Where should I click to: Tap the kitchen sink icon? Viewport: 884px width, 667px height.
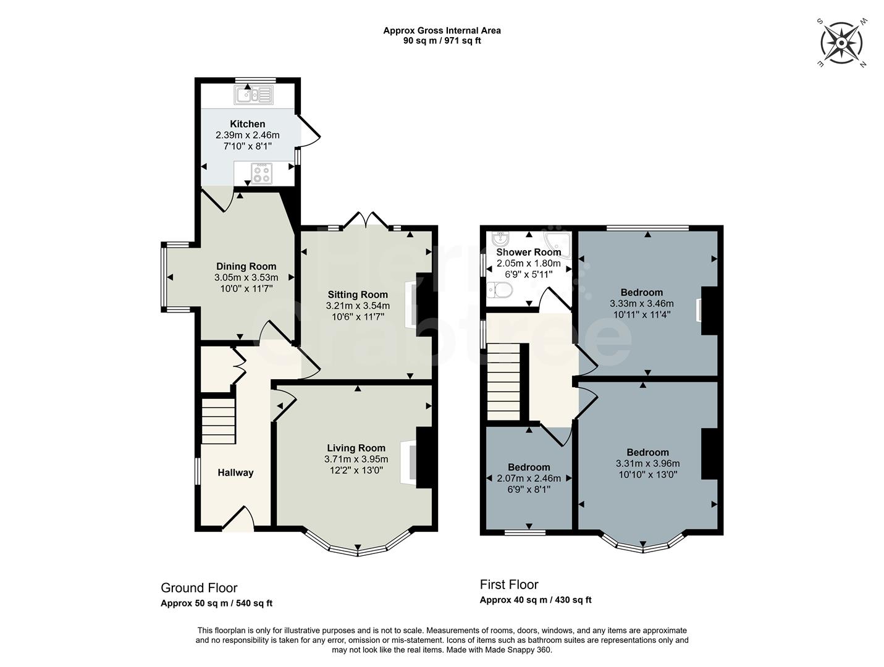pos(253,95)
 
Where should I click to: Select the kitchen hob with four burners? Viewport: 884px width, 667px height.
pos(262,173)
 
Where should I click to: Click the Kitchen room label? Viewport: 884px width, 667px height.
pos(248,124)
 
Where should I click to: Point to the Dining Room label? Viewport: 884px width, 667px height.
pos(246,267)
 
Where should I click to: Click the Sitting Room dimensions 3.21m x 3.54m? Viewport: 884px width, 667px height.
pos(358,306)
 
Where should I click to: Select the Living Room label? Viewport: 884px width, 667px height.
pos(356,448)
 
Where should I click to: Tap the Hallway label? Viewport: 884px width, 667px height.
pos(235,472)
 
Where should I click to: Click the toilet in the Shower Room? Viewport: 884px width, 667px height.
pos(499,290)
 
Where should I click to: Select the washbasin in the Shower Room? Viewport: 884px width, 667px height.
pos(501,238)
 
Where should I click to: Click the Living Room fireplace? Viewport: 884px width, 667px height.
pos(409,460)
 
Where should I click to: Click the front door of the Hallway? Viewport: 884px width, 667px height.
pos(238,521)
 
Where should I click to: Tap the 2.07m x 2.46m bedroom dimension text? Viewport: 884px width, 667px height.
pos(529,478)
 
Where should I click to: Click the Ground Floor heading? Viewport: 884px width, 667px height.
pos(199,588)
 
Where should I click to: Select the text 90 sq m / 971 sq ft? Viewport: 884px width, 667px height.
pos(442,41)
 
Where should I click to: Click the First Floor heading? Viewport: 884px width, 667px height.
pos(509,584)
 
